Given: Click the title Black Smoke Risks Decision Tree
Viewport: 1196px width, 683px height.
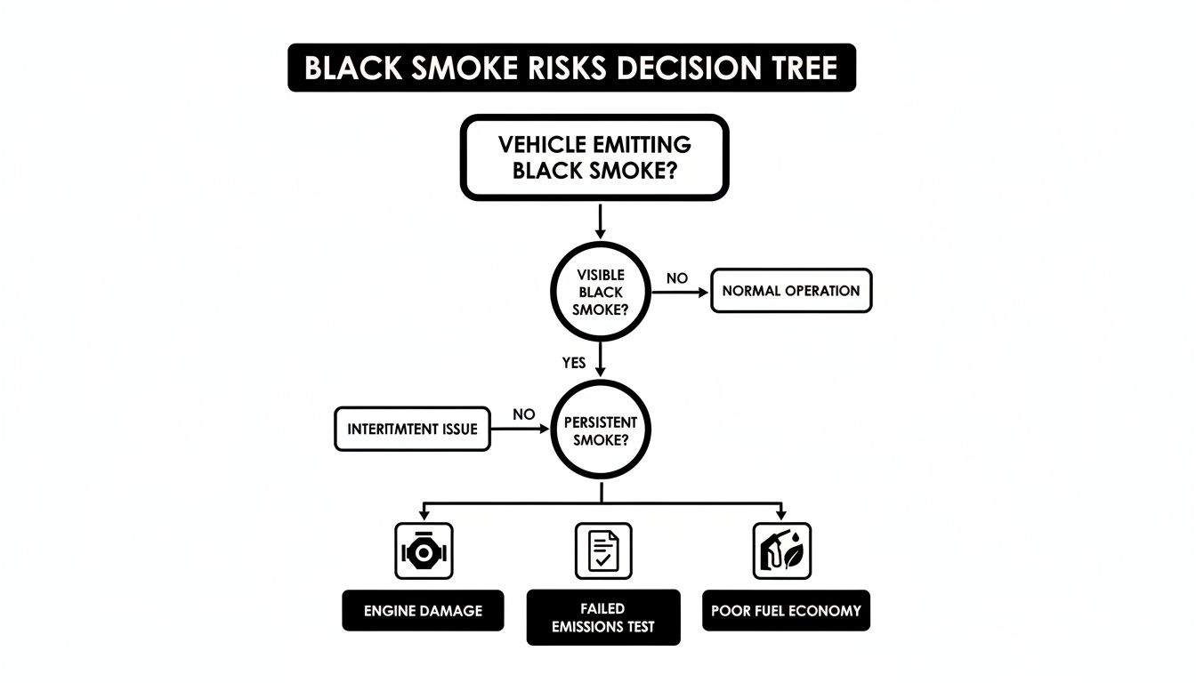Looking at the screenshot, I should coord(571,68).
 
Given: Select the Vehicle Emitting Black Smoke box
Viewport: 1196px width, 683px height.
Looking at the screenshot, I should coord(594,157).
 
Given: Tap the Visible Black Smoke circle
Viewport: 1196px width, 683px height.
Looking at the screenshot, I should coord(601,292).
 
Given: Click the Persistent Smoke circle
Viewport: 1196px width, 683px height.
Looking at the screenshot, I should coord(601,428).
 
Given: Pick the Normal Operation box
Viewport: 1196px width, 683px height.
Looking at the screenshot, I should coord(791,291).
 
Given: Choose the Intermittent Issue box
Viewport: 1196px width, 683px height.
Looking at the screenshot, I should coord(412,429).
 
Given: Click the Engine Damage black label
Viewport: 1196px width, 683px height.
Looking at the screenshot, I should coord(423,611).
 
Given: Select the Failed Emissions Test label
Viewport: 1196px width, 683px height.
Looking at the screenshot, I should coord(603,617).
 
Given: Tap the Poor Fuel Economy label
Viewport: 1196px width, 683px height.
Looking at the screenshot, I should coord(786,611).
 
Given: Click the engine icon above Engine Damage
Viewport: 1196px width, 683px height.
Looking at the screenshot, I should coord(424,551).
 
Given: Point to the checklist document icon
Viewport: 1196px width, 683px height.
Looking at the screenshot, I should coord(603,551).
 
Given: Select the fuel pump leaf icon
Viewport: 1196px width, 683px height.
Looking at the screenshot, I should coord(782,551).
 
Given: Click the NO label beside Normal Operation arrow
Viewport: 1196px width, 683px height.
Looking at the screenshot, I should coord(677,278).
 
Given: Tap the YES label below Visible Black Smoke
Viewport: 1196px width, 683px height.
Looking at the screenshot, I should coord(575,363).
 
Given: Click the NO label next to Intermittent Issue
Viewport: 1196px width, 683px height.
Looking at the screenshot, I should coord(524,414).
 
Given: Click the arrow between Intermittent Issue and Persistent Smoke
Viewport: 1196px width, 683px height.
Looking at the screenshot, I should coord(521,429).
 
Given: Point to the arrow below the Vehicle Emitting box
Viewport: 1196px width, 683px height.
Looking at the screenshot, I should coord(601,221).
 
